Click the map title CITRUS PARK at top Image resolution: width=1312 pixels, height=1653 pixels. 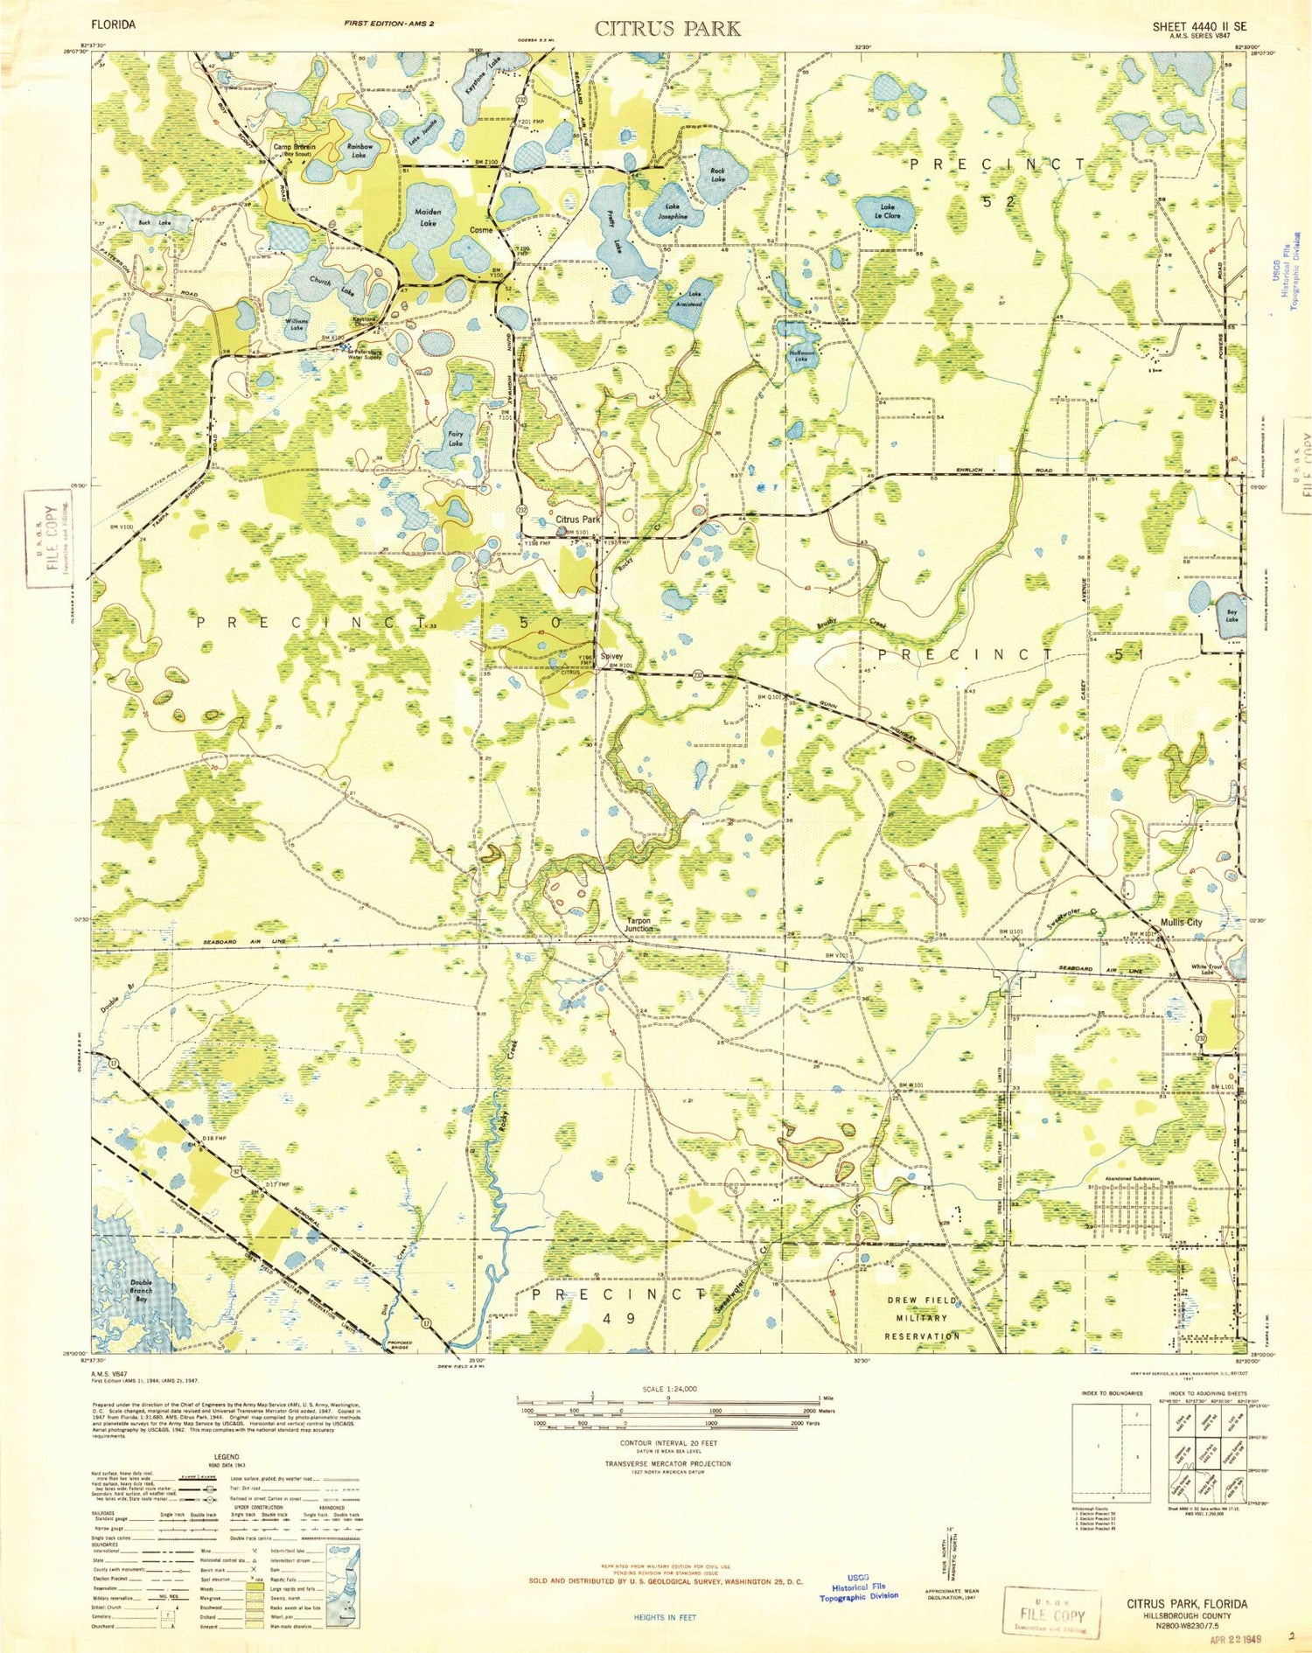667,28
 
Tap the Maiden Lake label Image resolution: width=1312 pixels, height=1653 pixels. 428,218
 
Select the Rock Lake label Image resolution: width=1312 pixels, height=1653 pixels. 717,175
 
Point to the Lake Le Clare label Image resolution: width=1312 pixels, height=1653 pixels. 888,211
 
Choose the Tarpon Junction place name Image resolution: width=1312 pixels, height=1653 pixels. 639,924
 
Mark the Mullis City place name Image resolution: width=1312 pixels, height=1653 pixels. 1180,922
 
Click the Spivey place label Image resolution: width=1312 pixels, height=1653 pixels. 611,656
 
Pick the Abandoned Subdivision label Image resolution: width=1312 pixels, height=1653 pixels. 1123,1179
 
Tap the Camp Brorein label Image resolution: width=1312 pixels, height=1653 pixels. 294,148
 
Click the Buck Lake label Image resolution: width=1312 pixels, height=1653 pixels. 154,223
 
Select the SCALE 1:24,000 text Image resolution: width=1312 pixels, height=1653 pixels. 669,1390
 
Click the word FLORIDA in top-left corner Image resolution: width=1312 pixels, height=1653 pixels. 114,25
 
